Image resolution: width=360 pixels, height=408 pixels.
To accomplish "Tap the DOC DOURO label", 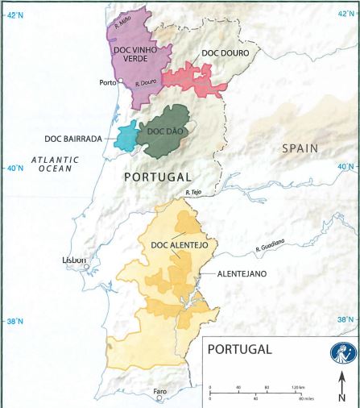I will point(225,53).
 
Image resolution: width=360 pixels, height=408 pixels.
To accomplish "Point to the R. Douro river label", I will point(146,82).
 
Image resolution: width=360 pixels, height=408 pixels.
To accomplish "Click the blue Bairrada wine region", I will point(126,136).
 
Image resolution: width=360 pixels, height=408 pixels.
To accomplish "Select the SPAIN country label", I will point(300,148).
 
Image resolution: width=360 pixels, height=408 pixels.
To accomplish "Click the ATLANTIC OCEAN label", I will point(56,164).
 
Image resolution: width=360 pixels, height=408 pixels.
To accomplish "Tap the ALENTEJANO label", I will point(243,274).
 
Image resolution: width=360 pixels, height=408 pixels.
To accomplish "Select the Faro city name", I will point(161,391).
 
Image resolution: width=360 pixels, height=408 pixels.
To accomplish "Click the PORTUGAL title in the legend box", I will point(240,350).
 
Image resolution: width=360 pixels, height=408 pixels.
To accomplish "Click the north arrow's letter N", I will point(342,398).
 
